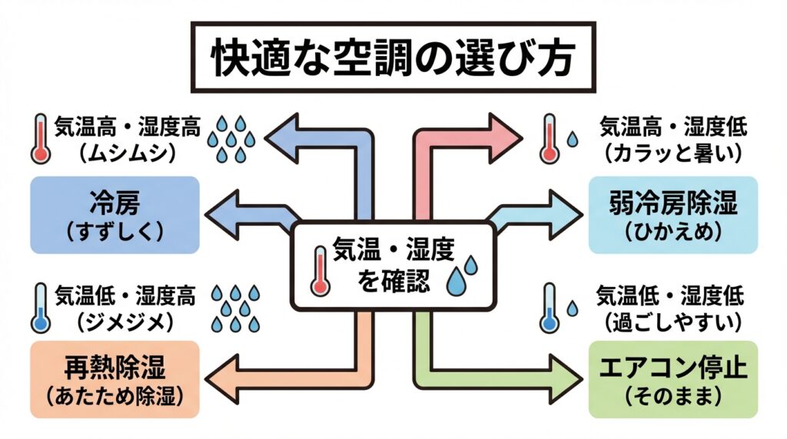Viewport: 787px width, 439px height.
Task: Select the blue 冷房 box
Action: pos(115,215)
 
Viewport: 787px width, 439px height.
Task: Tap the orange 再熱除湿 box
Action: pos(115,380)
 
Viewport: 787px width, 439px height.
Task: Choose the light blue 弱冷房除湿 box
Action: pos(672,215)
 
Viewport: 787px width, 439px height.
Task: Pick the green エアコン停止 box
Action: pos(672,380)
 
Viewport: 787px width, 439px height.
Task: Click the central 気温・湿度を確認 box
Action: pos(393,265)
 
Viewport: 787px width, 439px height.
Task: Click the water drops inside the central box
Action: pos(462,274)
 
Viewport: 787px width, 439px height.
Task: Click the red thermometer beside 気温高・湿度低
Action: pos(548,139)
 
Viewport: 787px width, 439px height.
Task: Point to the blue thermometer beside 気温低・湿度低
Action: pos(548,308)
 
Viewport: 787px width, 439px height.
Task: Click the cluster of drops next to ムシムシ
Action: pos(231,139)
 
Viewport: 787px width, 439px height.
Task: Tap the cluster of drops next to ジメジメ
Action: pos(234,306)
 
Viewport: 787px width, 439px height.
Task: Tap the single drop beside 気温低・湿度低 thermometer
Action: pos(573,309)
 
